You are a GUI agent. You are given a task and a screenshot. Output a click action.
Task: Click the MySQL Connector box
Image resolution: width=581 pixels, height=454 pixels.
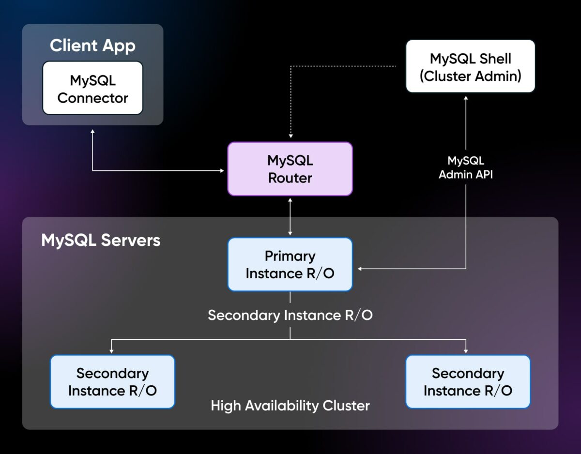pos(92,88)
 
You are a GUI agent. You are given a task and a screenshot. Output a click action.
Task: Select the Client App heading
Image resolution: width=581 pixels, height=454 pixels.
pos(92,45)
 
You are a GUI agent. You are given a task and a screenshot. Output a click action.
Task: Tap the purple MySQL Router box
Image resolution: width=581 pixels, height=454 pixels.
pos(290,168)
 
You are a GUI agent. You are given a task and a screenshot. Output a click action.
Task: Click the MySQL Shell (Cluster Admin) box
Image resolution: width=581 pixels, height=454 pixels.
pos(470,66)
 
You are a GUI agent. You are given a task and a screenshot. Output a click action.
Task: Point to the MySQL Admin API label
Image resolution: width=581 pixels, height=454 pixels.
pos(465,167)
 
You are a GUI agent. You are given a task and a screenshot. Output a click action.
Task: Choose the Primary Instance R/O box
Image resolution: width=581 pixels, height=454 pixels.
pos(290,264)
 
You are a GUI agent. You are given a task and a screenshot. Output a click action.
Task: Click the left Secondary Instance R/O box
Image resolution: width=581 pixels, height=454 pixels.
pos(112,381)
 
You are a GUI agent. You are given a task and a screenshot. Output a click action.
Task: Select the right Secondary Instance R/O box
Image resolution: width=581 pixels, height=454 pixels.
pos(468,381)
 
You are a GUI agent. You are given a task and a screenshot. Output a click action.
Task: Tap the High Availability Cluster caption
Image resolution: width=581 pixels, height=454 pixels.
pos(290,405)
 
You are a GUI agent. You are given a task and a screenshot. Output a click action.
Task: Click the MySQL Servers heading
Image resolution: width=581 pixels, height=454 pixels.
pos(101,240)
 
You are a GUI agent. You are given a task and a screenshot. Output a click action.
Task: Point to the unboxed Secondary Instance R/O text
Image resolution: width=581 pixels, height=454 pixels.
pos(290,315)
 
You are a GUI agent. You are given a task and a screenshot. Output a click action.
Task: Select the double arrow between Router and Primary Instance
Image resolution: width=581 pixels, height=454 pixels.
pos(290,216)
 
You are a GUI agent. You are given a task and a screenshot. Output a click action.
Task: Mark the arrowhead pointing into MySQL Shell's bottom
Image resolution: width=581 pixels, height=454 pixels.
pos(466,98)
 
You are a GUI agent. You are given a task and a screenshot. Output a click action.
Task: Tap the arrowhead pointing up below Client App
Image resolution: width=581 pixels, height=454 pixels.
pos(92,132)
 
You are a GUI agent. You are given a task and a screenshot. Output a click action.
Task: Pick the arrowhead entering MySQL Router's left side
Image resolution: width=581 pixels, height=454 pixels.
pos(222,170)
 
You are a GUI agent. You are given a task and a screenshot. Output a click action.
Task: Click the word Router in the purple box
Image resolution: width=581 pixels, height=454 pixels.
pos(290,178)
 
